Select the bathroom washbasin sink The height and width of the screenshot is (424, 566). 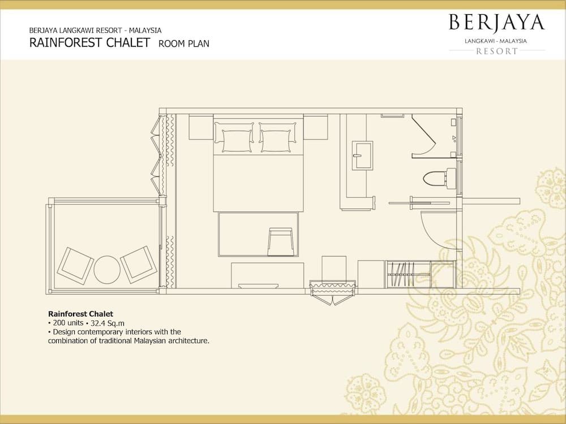pos(362,155)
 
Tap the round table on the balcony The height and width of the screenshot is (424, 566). pos(107,269)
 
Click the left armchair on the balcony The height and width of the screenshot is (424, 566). pos(75,266)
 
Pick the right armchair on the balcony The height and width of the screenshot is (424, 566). pos(139,265)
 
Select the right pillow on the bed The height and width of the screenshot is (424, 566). pos(277,137)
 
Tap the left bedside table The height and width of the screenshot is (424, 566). pos(201,127)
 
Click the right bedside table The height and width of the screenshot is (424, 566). pos(315,127)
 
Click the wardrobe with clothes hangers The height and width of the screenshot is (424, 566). pos(408,274)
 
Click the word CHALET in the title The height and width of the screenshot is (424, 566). pos(128,42)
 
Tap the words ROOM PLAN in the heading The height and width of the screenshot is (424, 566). pos(184,44)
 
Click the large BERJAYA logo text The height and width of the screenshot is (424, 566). pos(497,23)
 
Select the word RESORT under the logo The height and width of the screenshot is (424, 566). pos(497,51)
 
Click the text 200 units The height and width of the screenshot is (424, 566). pos(68,323)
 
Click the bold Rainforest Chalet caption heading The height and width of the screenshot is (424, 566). pos(80,314)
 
